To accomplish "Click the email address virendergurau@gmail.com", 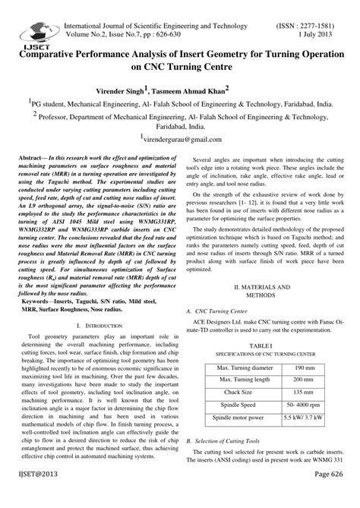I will point(182,140).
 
